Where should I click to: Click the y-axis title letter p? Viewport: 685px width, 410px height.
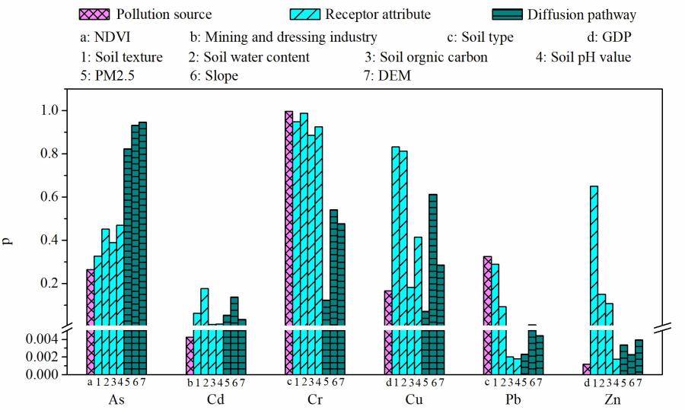(x=8, y=241)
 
